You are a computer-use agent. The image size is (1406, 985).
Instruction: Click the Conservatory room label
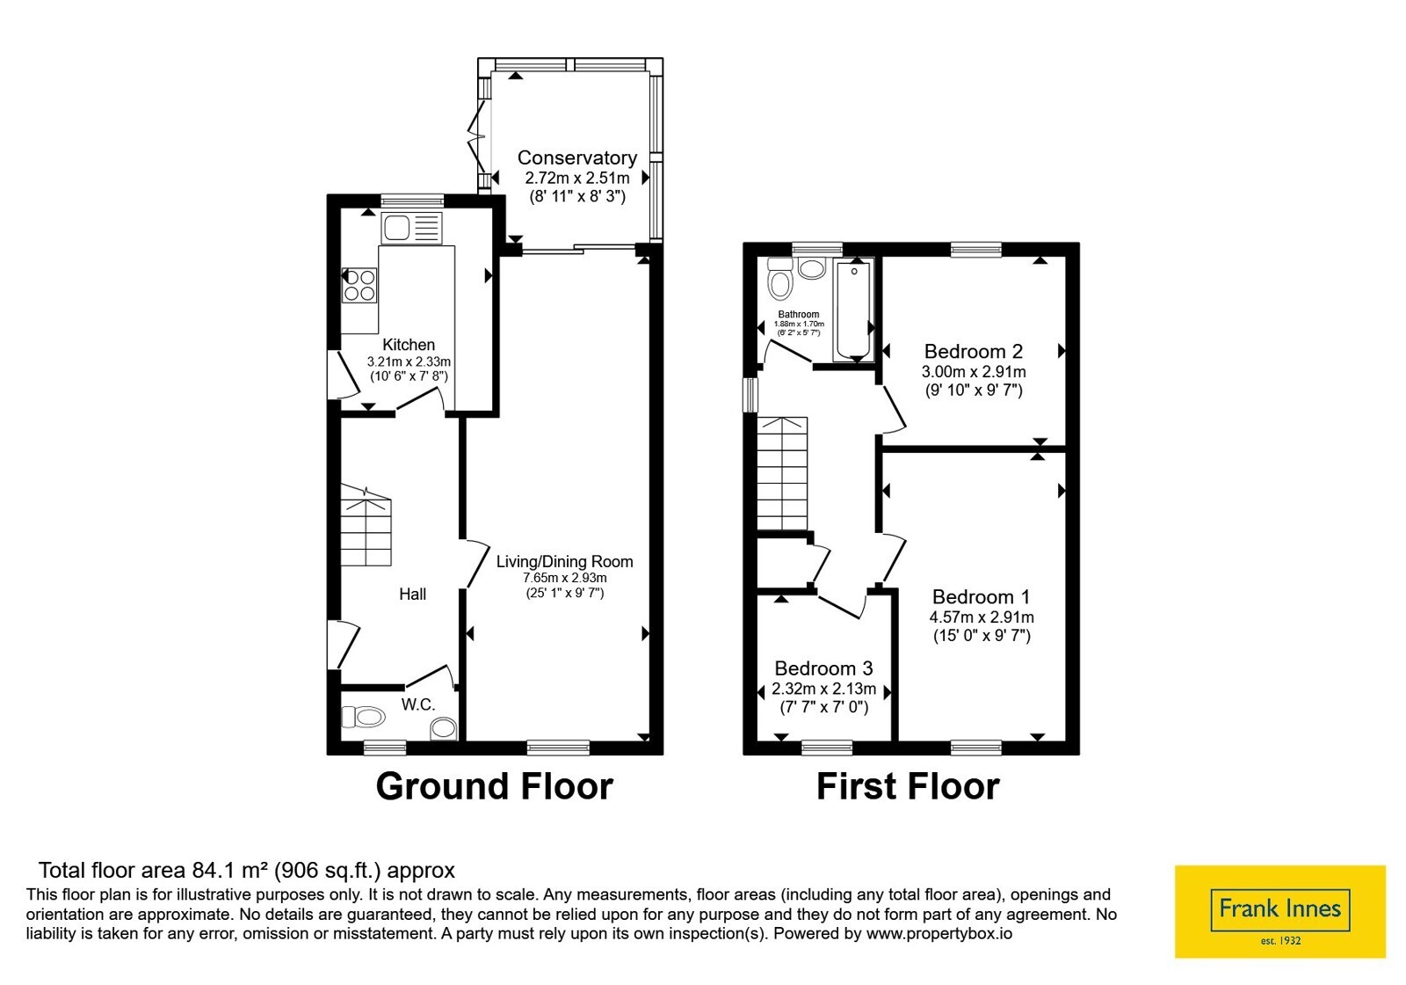tap(576, 157)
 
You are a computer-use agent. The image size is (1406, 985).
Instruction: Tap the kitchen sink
tap(412, 228)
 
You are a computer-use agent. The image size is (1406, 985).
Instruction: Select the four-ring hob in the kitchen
tap(359, 286)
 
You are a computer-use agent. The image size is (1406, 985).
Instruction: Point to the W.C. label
tap(418, 704)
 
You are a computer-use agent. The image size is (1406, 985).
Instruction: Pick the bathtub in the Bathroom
tap(853, 310)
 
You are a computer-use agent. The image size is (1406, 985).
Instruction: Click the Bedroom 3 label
tap(823, 668)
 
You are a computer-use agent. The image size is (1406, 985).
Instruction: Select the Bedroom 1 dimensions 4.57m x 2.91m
tap(982, 617)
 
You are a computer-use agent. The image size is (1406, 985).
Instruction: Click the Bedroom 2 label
tap(974, 351)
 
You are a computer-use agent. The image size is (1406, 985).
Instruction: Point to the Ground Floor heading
tap(494, 786)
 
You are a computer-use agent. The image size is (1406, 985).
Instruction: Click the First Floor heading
tap(908, 786)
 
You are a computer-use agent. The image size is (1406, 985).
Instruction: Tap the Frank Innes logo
tap(1279, 911)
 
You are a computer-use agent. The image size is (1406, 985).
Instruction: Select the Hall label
tap(412, 595)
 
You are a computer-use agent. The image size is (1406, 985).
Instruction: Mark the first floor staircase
tap(782, 474)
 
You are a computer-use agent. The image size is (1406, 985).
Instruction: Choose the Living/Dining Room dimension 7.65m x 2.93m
tap(565, 578)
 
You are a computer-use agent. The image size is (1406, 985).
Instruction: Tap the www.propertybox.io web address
tap(939, 933)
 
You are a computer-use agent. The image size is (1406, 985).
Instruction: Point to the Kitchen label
tap(409, 345)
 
